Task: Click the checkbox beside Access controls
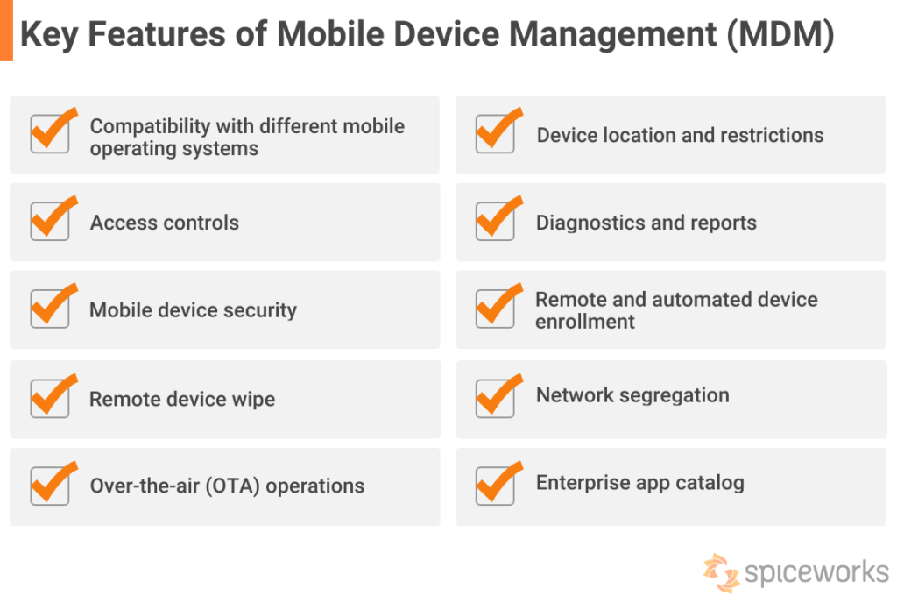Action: coord(50,222)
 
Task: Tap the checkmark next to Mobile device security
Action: coord(50,309)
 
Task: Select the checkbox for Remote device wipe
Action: coord(50,398)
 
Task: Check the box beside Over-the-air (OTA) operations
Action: coord(50,485)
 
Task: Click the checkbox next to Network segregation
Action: coord(495,396)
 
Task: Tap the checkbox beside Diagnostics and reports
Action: coord(495,222)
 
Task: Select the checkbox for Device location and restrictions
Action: coord(495,134)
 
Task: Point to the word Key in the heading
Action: coord(48,35)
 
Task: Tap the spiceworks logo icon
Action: coord(721,573)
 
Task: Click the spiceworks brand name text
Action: coord(816,573)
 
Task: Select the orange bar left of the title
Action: coord(6,31)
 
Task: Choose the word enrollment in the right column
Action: coord(585,322)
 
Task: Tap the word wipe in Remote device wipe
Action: coord(252,400)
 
